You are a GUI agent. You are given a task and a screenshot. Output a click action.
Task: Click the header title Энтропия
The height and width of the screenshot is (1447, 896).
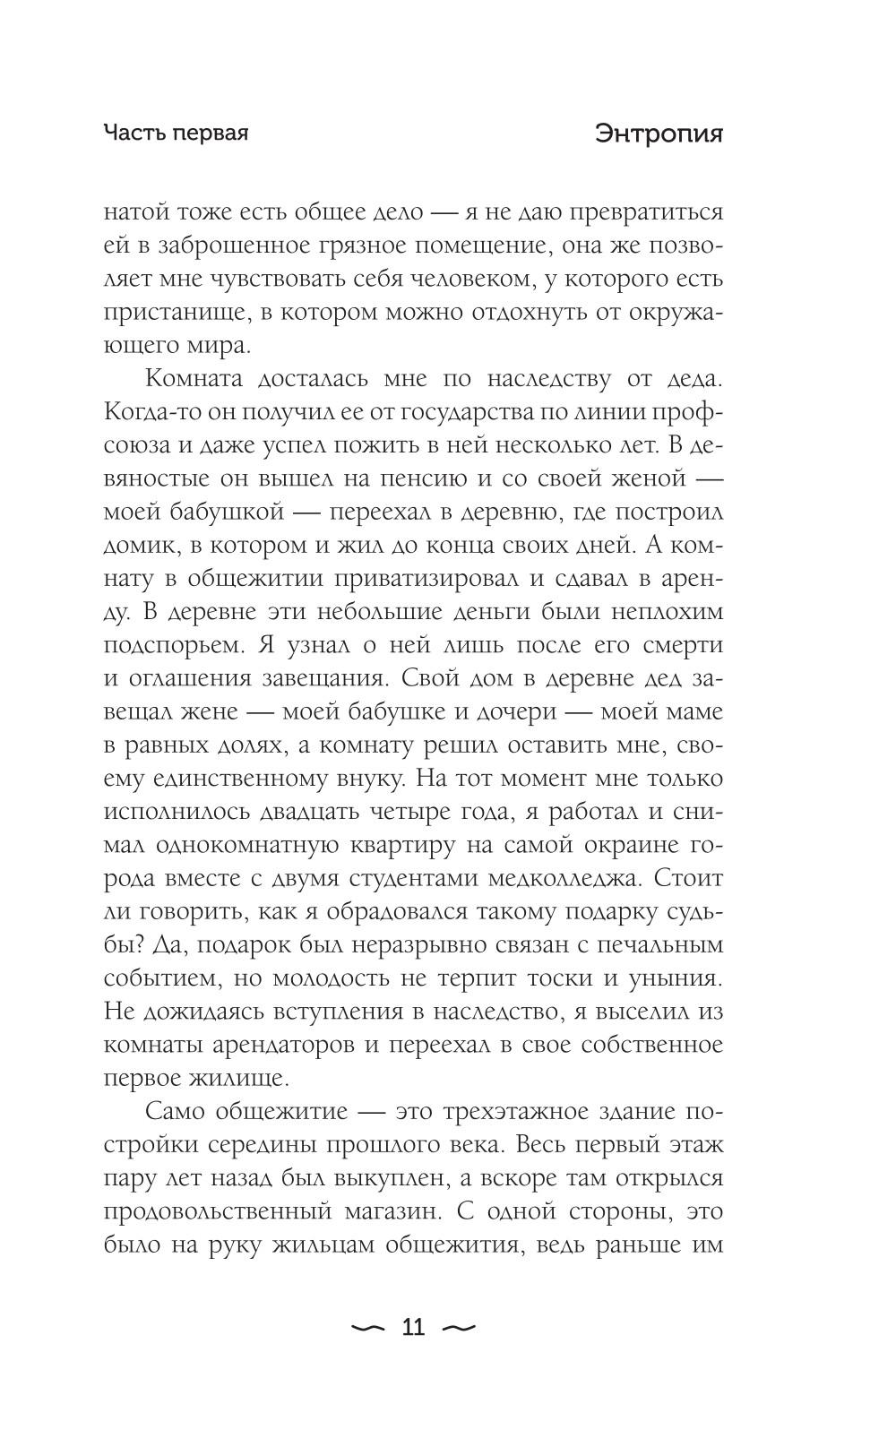[659, 134]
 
